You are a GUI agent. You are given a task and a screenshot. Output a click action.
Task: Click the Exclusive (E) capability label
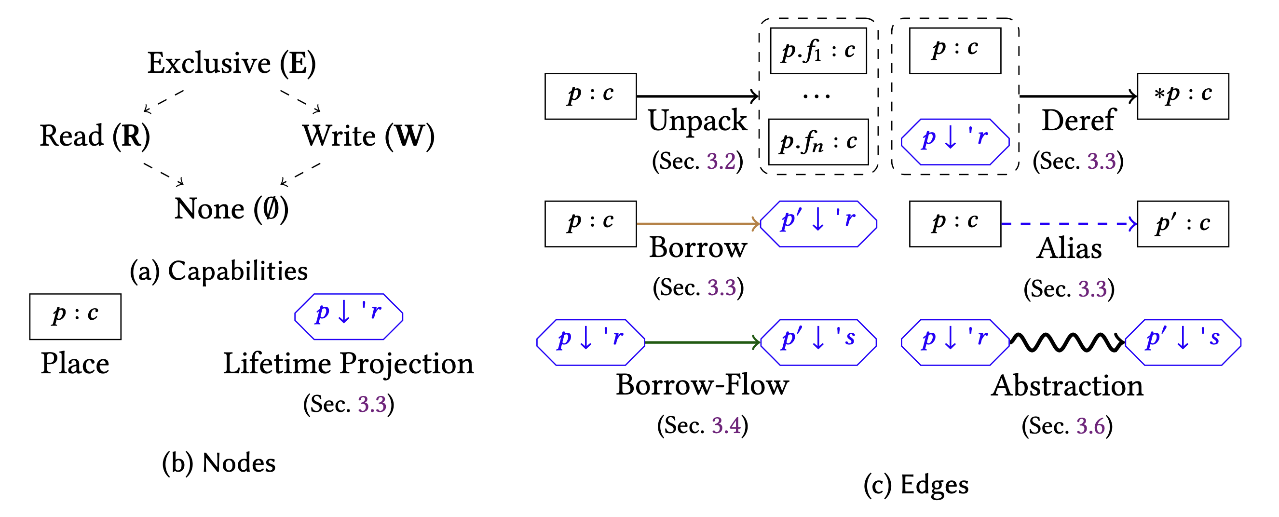coord(231,64)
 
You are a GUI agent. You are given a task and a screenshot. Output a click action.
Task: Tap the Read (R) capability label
coord(95,136)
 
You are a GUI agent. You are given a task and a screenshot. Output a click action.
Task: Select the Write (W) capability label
coord(368,136)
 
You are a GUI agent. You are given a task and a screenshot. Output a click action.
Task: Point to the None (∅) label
coord(231,209)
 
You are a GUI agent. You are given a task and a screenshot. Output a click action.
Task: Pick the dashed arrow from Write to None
coord(300,174)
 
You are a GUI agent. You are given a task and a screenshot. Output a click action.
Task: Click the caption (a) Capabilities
coord(218,271)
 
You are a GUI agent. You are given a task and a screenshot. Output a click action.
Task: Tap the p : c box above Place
coord(75,316)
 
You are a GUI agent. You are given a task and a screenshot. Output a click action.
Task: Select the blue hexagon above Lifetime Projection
coord(349,316)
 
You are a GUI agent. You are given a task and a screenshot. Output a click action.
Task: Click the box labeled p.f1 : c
coord(818,51)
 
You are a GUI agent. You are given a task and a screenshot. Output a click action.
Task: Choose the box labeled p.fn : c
coord(818,141)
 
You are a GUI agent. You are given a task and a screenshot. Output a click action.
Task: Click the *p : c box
coord(1183,96)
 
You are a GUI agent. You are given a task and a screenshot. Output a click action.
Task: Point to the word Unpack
coord(697,121)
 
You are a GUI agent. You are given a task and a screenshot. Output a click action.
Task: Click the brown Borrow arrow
coord(697,224)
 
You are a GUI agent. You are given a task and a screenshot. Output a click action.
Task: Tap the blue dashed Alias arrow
coord(1068,224)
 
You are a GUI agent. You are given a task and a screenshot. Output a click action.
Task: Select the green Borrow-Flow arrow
coord(702,342)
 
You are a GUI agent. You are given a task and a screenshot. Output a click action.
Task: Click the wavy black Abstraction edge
coord(1066,342)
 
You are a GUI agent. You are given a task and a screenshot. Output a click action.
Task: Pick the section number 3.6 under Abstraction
coord(1090,426)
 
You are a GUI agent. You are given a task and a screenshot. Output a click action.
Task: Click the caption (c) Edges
coord(915,485)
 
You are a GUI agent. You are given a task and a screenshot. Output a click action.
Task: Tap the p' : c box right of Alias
coord(1183,224)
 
